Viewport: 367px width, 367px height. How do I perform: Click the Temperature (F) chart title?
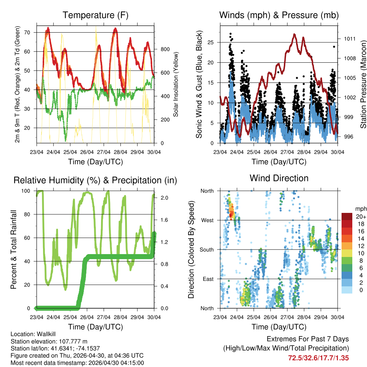coord(95,15)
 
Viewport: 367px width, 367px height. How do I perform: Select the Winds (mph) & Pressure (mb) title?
coord(279,15)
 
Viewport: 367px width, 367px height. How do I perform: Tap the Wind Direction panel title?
coord(279,178)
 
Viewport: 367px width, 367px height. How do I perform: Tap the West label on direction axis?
coord(207,220)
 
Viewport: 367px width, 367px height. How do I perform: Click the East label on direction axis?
coord(208,279)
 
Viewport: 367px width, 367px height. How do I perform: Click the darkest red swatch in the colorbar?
coord(347,216)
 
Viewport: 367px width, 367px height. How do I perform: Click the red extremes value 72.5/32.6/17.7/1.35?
coord(318,358)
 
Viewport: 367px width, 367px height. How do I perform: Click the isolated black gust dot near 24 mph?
coord(334,47)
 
